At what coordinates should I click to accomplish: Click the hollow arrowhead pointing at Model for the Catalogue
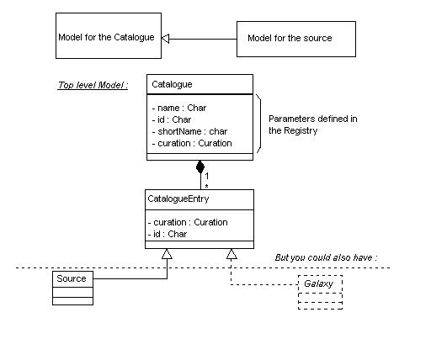165,39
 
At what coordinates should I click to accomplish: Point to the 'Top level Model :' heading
93,85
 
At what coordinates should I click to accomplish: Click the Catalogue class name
172,84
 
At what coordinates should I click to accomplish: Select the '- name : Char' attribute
179,108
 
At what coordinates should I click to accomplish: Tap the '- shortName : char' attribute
189,131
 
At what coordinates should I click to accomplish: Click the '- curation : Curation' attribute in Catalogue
192,143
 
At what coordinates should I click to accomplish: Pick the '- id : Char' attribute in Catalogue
172,119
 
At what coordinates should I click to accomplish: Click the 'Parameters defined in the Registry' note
312,124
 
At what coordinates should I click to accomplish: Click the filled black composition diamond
200,167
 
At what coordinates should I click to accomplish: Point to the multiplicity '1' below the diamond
207,176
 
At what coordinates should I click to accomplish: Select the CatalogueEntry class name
178,199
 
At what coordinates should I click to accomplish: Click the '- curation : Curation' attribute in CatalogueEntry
188,222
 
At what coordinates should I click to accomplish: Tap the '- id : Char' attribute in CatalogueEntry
168,234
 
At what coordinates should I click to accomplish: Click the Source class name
72,278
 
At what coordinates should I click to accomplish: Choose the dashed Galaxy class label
318,283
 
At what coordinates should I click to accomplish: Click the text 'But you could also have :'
326,257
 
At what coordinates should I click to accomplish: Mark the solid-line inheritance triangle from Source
167,254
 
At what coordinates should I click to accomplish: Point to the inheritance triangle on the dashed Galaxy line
231,254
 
